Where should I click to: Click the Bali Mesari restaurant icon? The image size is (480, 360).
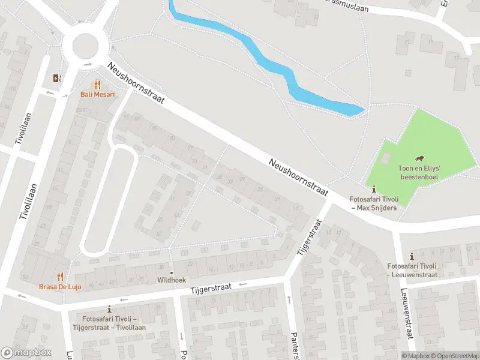[98, 85]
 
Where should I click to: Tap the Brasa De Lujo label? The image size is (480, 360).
[60, 286]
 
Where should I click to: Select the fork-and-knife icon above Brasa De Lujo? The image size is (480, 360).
[60, 277]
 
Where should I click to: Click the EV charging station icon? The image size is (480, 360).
[57, 78]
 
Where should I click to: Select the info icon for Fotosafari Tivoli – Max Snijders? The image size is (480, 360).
[374, 188]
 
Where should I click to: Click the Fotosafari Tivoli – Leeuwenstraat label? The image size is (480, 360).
[412, 270]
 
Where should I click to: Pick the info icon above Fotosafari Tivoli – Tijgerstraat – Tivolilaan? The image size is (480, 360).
[109, 309]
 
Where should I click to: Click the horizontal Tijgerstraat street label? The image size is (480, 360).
[211, 290]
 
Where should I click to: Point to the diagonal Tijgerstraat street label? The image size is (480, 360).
[310, 245]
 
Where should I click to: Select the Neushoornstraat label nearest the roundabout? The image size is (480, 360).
[136, 84]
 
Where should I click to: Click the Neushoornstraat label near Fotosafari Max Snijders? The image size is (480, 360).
[299, 177]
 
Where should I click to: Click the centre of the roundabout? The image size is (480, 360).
[85, 45]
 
